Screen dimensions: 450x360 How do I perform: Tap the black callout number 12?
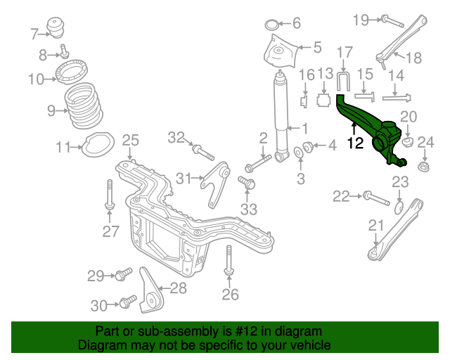coord(355,144)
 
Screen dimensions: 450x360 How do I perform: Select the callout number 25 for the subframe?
coord(131,141)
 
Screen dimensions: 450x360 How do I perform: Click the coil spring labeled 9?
coord(84,107)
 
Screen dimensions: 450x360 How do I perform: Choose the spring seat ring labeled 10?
coord(70,75)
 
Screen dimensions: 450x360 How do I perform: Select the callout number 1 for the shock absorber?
coord(304,128)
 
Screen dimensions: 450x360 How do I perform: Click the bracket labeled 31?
coord(215,184)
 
